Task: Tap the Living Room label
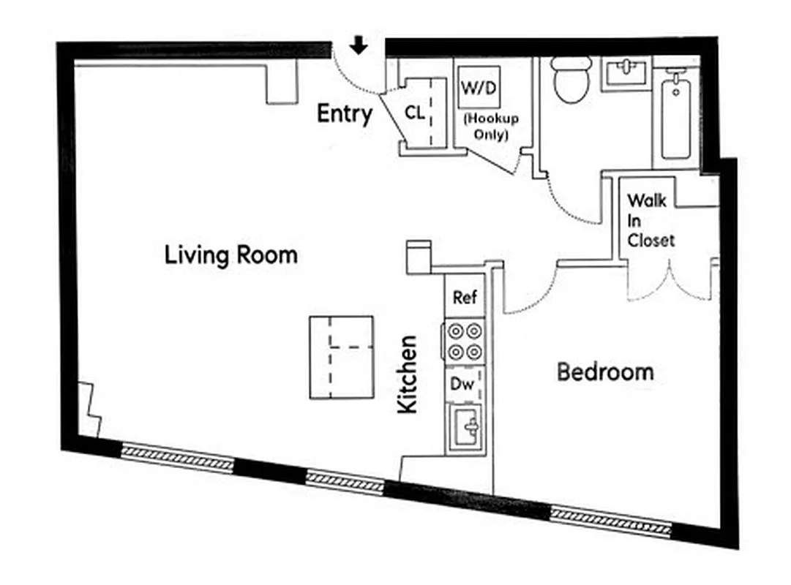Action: pyautogui.click(x=230, y=255)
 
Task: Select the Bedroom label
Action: pyautogui.click(x=604, y=371)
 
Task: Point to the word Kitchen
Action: pyautogui.click(x=407, y=374)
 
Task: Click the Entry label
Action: pyautogui.click(x=344, y=114)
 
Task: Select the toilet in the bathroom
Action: pyautogui.click(x=572, y=80)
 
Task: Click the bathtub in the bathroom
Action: pyautogui.click(x=675, y=117)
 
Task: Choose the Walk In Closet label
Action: pyautogui.click(x=651, y=219)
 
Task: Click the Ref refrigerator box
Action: pyautogui.click(x=465, y=298)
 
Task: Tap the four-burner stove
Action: pyautogui.click(x=465, y=341)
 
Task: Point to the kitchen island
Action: pyautogui.click(x=341, y=357)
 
